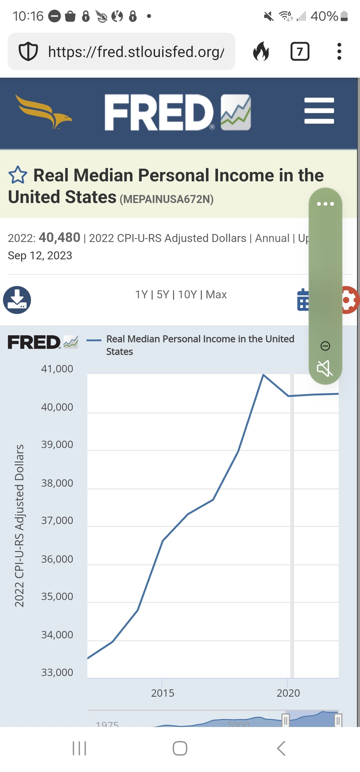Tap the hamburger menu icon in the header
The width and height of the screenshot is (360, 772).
click(x=319, y=111)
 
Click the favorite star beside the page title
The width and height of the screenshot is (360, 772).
click(x=18, y=175)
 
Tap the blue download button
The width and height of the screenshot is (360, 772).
click(x=17, y=300)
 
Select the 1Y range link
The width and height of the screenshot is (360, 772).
click(x=141, y=295)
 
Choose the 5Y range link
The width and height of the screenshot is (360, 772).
click(x=163, y=295)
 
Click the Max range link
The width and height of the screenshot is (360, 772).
click(x=216, y=295)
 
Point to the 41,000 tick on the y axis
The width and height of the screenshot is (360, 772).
click(x=57, y=369)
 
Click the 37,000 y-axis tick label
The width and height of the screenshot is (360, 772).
click(x=57, y=520)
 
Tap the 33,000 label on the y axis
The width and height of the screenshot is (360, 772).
click(x=57, y=672)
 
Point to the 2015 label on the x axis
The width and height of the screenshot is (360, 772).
click(x=163, y=693)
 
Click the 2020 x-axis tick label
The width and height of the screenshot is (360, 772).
click(x=288, y=693)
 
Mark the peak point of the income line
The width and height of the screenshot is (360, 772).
click(x=263, y=375)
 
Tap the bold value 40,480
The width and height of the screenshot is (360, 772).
click(x=60, y=238)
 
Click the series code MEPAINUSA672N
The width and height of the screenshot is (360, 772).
click(x=167, y=199)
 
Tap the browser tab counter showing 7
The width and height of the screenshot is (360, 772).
click(x=300, y=52)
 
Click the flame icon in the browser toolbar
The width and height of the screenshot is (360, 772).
click(x=261, y=52)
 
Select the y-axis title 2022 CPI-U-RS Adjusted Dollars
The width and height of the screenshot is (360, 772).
click(x=19, y=525)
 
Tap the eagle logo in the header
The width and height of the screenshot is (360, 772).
click(x=43, y=111)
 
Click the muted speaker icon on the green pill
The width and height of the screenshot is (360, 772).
click(x=325, y=368)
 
